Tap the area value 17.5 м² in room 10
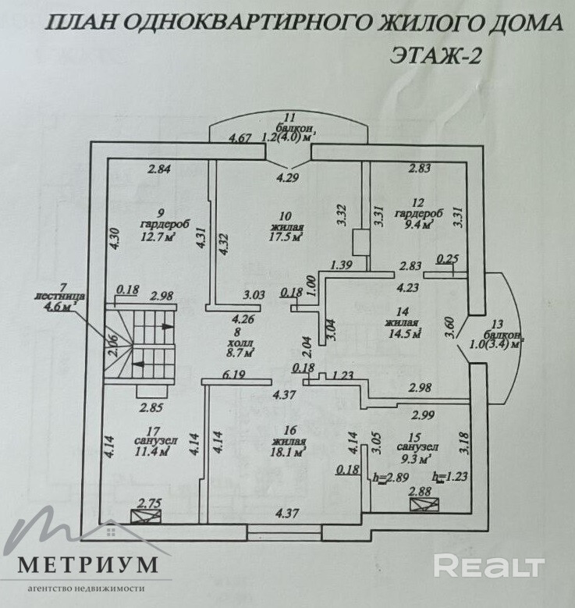286,236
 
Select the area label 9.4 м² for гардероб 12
418,226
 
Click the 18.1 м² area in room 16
288,450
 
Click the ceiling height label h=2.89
390,478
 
